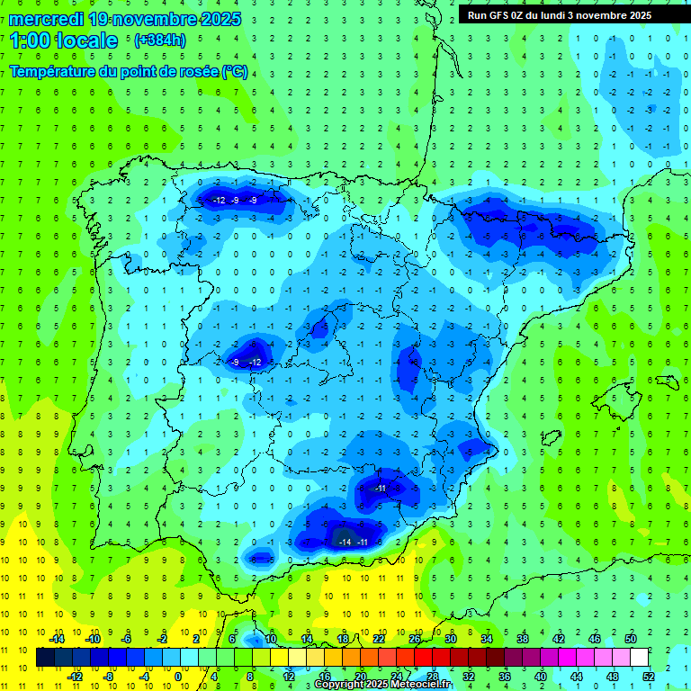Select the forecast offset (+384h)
[x=159, y=40]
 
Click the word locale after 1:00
[x=86, y=40]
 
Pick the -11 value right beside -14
[x=363, y=543]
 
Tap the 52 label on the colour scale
[x=649, y=676]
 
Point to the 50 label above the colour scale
[x=631, y=639]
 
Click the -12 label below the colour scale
[x=76, y=676]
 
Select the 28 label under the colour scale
[x=433, y=676]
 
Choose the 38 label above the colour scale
[x=523, y=639]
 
